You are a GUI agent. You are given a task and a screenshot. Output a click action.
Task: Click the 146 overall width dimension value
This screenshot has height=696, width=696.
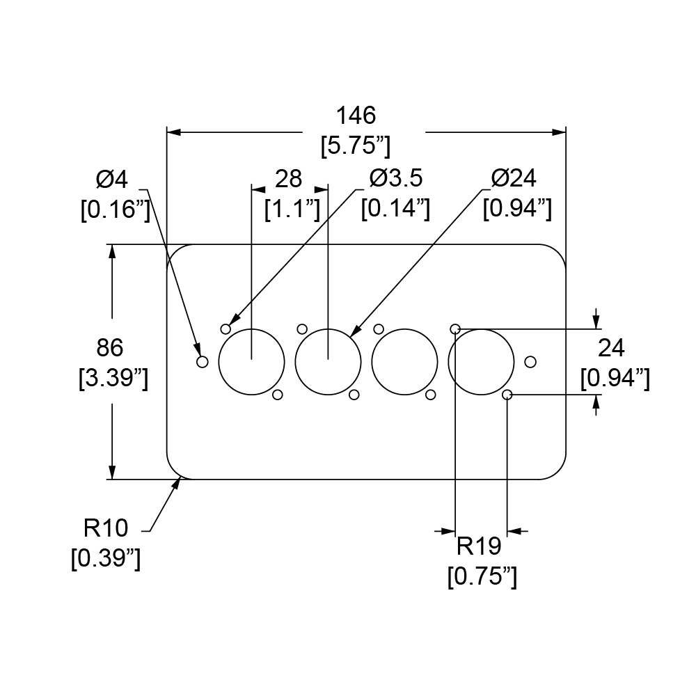pos(356,115)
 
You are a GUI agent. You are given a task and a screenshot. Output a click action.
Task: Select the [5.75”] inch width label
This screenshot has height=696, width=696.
pos(355,146)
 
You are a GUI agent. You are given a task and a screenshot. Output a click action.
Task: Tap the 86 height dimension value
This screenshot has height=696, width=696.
pos(111,347)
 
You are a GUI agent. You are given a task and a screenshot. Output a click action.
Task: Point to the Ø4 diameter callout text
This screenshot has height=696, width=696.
pos(112,180)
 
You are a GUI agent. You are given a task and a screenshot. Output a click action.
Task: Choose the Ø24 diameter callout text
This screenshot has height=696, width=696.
pos(514,179)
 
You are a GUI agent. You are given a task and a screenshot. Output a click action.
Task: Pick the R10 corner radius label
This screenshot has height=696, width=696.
pos(106,529)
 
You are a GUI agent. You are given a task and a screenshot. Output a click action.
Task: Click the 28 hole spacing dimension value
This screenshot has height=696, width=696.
pos(289,179)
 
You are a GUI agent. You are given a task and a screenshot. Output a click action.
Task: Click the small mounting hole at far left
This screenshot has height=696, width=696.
pos(203,362)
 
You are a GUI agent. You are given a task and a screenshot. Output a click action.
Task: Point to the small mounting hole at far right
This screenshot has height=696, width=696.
pos(530,361)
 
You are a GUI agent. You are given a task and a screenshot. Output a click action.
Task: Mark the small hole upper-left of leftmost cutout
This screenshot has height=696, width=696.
pos(226,329)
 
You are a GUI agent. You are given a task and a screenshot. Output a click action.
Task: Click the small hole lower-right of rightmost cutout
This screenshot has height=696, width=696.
pos(507,395)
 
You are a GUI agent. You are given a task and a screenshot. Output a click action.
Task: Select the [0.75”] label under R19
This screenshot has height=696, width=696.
pos(482,577)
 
